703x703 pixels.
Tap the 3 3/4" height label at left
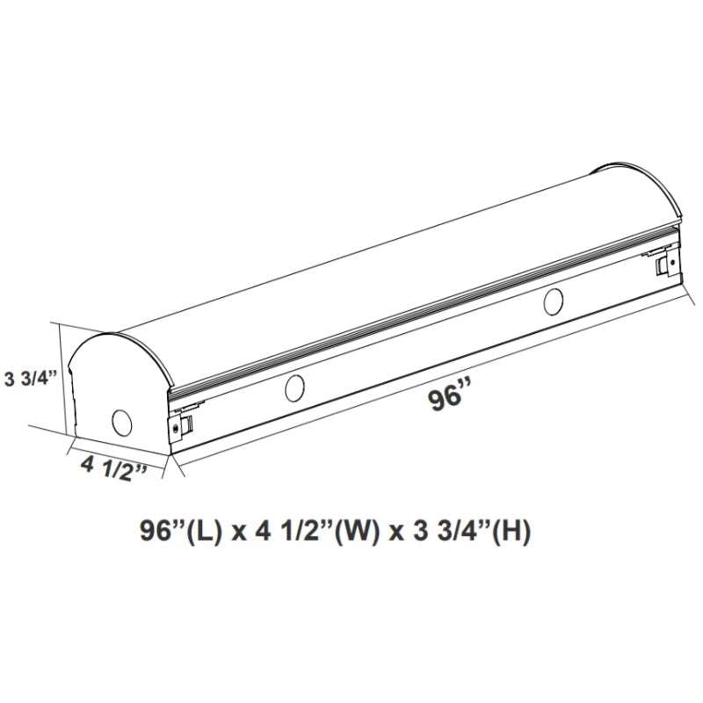(31, 379)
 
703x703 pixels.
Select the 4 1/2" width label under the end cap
(111, 467)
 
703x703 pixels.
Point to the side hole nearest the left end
(294, 386)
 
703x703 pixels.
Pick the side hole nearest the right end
(554, 301)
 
